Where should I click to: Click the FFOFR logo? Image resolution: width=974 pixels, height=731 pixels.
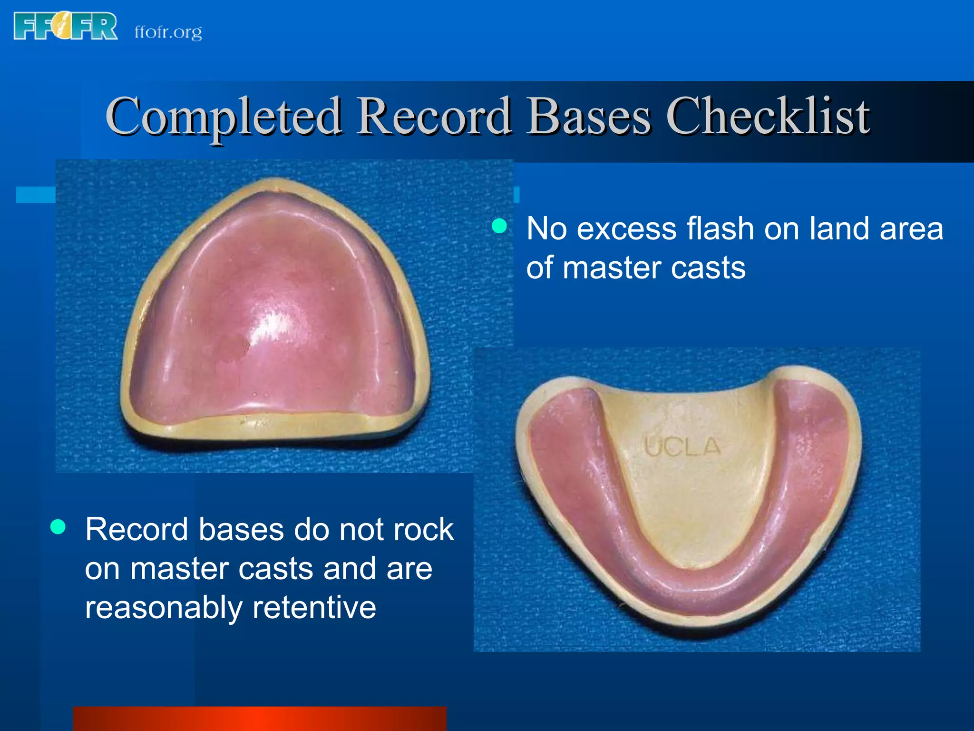pyautogui.click(x=66, y=27)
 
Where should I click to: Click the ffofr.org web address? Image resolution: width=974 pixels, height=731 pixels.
pyautogui.click(x=168, y=32)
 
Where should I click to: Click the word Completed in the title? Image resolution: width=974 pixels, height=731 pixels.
pyautogui.click(x=223, y=117)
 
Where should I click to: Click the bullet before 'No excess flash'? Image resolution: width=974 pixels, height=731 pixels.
pyautogui.click(x=499, y=226)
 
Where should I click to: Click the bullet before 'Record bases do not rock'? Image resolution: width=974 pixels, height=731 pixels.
pyautogui.click(x=58, y=526)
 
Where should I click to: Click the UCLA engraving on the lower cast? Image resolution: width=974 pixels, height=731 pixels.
pyautogui.click(x=682, y=447)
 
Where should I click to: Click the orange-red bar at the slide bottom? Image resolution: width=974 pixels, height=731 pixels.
pyautogui.click(x=260, y=719)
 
